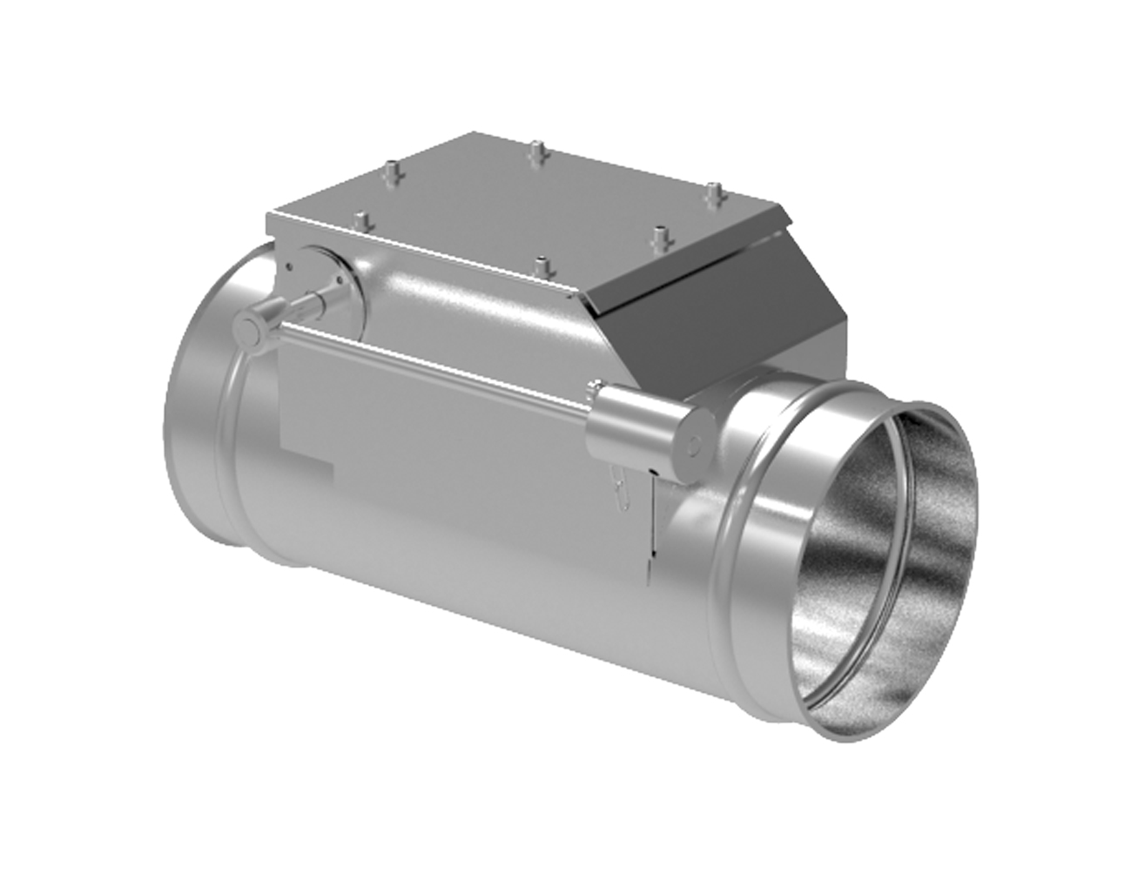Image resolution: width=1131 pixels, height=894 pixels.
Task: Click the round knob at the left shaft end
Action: coord(252,328)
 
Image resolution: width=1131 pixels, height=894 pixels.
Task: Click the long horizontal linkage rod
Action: coord(435,359)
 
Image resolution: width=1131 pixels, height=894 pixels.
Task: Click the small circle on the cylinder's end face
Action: coord(694,444)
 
